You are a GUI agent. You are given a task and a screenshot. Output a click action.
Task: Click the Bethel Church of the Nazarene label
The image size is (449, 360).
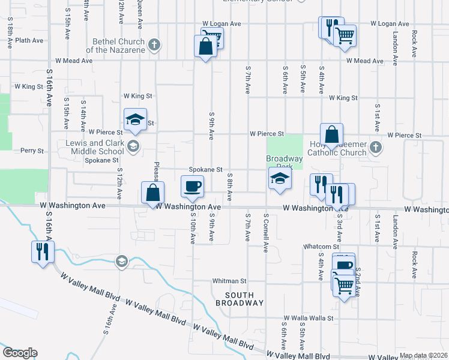point(119,46)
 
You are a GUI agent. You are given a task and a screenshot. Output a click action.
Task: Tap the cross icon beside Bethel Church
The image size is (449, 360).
point(154,45)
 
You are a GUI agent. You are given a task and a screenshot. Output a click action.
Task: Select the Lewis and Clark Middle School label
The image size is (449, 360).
point(95,147)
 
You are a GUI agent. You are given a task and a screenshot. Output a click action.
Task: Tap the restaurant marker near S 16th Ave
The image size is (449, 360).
point(42,251)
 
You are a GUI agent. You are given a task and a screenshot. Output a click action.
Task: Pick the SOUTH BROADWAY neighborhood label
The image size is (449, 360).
point(244,299)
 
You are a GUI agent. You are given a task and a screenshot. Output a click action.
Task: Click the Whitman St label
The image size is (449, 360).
point(229,281)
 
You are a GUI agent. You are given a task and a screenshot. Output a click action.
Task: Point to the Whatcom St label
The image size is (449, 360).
point(322,247)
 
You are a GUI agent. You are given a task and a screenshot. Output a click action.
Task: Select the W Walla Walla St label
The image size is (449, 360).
point(309,318)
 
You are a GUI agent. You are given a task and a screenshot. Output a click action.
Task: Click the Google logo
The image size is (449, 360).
point(20,353)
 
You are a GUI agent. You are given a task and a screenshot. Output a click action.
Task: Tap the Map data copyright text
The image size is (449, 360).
point(423,356)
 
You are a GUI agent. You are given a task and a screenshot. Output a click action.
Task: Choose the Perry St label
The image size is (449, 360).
point(32,151)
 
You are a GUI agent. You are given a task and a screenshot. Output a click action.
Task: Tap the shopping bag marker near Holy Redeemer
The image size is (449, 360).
point(331,135)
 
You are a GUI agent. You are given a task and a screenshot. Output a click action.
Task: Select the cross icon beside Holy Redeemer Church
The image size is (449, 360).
point(375,147)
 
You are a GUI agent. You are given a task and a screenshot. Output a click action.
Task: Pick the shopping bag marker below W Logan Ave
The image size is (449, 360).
point(205,47)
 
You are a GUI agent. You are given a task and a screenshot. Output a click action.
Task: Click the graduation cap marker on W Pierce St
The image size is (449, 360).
point(136,119)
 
